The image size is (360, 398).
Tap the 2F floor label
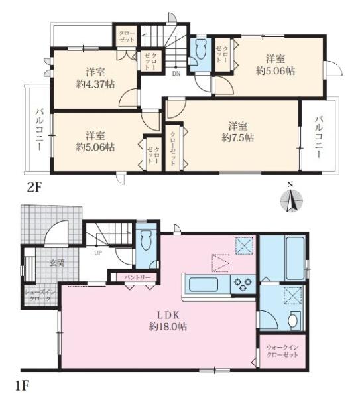tap(34, 188)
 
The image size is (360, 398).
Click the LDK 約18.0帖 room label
tap(168, 321)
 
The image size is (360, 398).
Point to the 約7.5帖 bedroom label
tap(238, 132)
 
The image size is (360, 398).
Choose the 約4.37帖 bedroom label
tap(95, 78)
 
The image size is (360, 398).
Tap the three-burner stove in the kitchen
tap(243, 284)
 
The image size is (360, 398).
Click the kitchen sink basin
tap(204, 285)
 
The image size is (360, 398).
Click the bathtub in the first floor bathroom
tap(294, 258)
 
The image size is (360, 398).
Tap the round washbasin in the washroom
tap(293, 320)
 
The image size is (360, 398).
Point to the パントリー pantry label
tap(137, 277)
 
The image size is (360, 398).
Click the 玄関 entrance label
tap(56, 263)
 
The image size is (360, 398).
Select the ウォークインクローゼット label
tap(282, 351)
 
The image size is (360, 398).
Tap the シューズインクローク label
tap(40, 295)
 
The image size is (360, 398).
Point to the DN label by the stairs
tap(176, 74)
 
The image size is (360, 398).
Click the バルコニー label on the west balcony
tap(38, 129)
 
